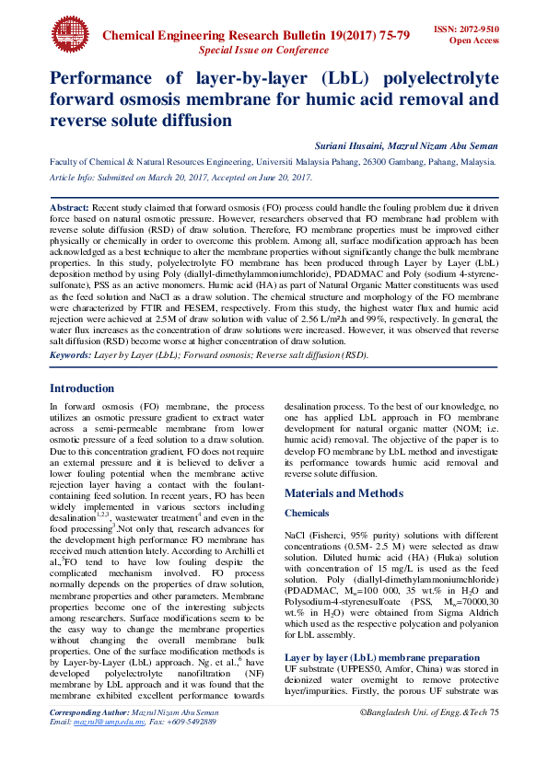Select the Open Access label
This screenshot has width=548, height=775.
pos(474,40)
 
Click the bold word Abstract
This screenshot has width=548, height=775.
pos(69,209)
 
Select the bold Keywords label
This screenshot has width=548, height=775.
pos(69,354)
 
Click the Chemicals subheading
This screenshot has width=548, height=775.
pos(307,514)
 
